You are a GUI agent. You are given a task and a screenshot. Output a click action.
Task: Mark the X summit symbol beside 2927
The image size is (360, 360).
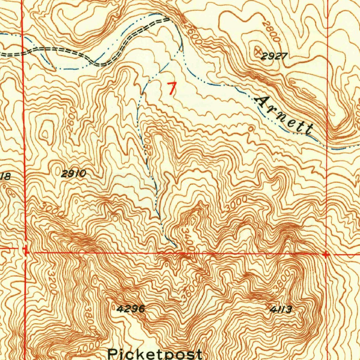pos(259,51)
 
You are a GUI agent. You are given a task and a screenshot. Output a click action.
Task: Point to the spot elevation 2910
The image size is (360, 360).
pos(73,173)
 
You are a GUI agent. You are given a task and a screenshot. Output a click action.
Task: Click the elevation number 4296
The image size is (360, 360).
pos(130,309)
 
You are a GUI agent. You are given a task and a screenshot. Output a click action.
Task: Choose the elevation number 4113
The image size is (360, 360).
pos(281,309)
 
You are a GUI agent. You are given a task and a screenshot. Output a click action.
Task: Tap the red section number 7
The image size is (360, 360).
pos(171,88)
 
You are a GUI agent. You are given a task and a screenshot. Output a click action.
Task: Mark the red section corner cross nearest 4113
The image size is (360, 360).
pos(326,254)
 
